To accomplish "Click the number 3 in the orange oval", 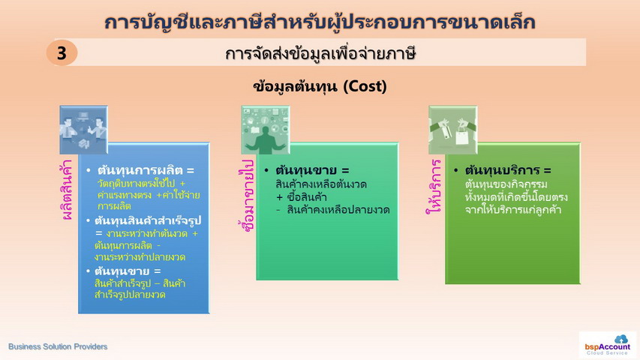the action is click(62, 53).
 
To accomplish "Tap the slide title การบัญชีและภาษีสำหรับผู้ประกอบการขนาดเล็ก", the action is click(320, 22).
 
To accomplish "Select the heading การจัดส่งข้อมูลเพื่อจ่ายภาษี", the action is click(320, 53).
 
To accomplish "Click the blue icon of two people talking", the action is click(84, 130).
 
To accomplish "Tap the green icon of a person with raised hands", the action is click(266, 130).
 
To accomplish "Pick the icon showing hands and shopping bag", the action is click(452, 130).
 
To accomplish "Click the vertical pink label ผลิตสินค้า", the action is click(67, 190).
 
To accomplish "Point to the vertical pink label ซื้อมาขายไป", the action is click(248, 195).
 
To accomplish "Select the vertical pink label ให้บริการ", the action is click(434, 187).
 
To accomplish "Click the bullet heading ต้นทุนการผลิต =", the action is click(146, 169).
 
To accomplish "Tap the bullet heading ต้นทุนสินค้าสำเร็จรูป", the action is click(148, 220).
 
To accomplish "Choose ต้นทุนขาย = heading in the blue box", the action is click(128, 271).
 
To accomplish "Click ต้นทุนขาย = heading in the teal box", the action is click(312, 169).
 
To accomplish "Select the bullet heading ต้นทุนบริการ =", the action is click(508, 169).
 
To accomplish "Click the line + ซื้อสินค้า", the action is click(301, 197).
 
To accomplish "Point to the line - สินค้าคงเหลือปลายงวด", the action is click(332, 210).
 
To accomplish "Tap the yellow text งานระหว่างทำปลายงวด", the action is click(140, 257).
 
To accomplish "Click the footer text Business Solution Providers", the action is click(58, 346).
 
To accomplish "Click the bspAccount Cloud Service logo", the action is click(607, 345).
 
